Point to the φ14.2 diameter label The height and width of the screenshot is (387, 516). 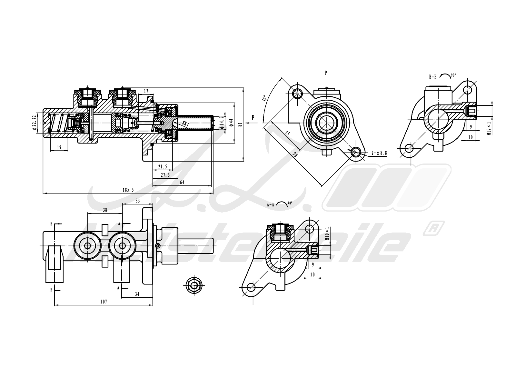(x=222, y=123)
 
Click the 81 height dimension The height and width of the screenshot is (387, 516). (x=240, y=124)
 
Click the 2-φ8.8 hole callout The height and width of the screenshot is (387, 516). (x=379, y=153)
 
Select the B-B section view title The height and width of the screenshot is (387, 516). (x=433, y=77)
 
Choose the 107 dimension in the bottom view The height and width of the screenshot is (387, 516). (x=103, y=302)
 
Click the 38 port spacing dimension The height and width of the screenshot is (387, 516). (x=105, y=210)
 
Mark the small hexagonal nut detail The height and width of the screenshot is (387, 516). (x=194, y=285)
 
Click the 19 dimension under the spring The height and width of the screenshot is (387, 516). (x=59, y=147)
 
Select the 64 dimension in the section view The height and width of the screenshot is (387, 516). (x=182, y=182)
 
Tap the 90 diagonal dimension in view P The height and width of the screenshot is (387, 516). (x=295, y=154)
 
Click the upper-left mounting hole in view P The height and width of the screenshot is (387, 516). (x=297, y=94)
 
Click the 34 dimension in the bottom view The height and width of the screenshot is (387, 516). (x=137, y=294)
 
